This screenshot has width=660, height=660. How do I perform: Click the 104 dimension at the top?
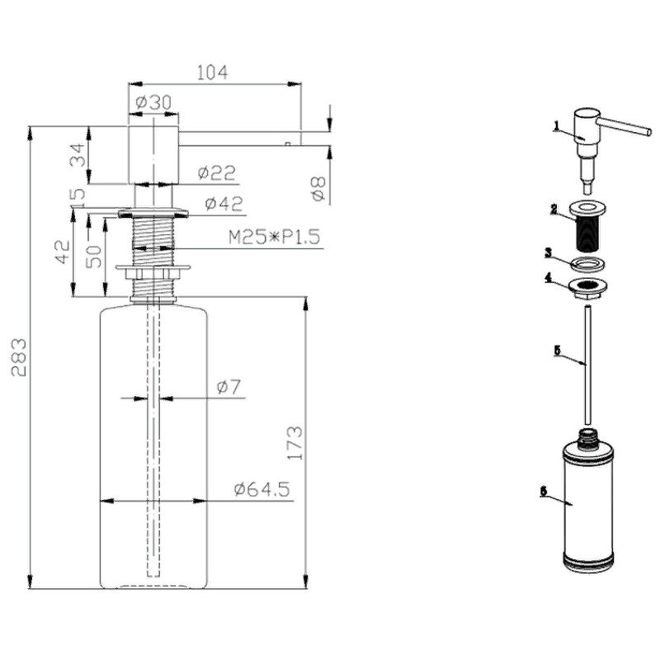pos(212,73)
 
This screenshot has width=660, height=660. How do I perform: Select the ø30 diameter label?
pos(154,102)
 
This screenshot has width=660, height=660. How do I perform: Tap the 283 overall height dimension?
pos(19,357)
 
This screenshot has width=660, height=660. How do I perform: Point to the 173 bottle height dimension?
pos(295,443)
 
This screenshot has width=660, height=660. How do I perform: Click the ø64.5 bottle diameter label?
pos(262,489)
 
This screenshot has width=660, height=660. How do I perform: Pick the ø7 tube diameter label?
pos(229,387)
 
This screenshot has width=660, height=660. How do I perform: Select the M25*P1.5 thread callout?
pos(275,237)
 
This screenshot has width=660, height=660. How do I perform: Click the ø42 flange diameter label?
pos(224,204)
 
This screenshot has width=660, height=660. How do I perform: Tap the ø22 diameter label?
pos(217,172)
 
